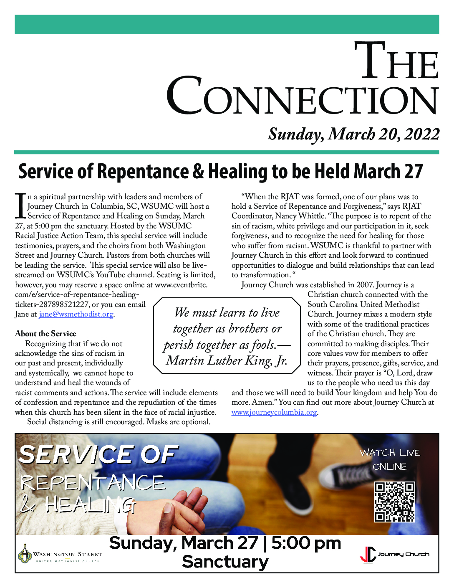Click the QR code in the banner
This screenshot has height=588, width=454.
tap(394, 502)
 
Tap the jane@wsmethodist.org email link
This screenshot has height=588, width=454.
tap(76, 314)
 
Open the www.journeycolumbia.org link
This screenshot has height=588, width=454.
tap(274, 412)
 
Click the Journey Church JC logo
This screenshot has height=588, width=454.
tap(368, 555)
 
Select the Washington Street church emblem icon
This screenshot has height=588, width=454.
tap(25, 554)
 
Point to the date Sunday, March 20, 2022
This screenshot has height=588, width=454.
tap(353, 134)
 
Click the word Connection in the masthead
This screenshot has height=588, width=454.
tap(302, 97)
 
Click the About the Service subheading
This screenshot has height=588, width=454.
tap(45, 334)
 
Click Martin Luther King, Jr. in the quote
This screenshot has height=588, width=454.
tap(227, 361)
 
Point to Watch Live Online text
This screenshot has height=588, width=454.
tap(390, 459)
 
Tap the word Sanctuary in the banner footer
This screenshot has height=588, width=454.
tap(225, 562)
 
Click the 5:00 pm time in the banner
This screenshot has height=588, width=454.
tap(306, 543)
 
